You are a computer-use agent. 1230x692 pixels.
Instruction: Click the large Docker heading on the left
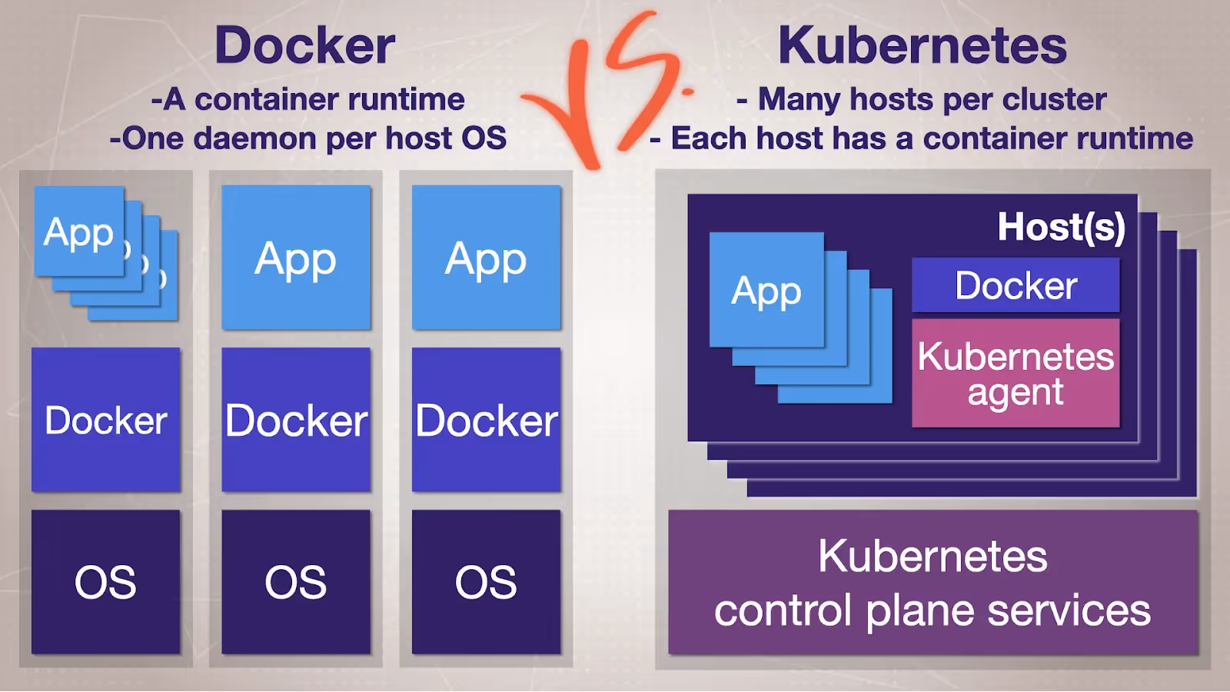point(305,45)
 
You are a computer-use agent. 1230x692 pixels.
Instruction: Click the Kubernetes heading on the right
point(922,45)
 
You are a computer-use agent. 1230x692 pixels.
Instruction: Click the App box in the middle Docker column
point(296,258)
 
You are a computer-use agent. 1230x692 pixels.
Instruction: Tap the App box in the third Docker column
point(486,258)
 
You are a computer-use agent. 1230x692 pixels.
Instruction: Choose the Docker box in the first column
point(106,420)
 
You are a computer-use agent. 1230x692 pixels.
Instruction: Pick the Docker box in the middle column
point(296,420)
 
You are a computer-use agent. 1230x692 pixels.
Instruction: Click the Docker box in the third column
point(486,420)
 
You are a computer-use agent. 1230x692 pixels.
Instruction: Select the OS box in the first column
point(106,582)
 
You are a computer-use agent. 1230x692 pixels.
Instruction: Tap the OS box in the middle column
point(296,582)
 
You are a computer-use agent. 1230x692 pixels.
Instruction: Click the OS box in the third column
point(486,582)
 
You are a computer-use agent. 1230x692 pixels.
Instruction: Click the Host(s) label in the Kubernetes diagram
point(1061,228)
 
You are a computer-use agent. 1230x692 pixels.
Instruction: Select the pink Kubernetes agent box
point(1016,374)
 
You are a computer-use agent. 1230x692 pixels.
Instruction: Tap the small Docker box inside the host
point(1016,285)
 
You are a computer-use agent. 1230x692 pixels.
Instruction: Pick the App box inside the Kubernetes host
point(766,291)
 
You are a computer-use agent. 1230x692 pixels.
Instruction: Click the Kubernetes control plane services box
point(932,583)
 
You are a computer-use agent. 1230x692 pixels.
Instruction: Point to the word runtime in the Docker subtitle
point(414,100)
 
